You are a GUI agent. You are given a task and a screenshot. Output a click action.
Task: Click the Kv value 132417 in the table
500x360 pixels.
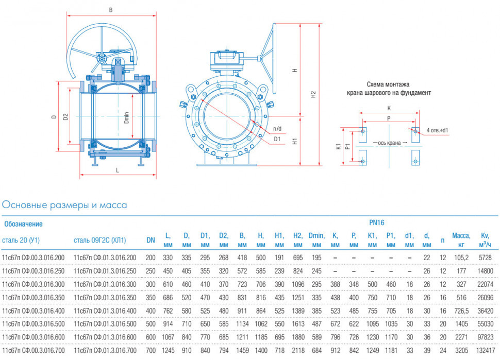coord(486,350)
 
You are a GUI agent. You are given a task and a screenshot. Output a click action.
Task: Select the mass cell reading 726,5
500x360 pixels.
coord(461,311)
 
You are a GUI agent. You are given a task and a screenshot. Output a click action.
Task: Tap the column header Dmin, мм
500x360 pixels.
coord(316,240)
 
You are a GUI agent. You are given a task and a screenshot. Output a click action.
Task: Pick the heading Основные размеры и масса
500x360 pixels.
coord(64,205)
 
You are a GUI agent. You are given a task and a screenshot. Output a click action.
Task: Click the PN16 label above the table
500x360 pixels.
coord(377,222)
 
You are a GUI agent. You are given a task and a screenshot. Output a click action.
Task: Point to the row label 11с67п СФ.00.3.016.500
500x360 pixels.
coord(33,324)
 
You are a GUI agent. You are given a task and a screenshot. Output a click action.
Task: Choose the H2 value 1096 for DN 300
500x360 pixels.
coord(298,284)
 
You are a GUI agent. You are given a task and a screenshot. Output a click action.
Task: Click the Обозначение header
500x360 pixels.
coord(23,224)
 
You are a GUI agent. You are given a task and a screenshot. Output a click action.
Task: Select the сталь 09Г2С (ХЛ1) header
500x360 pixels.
coord(100,240)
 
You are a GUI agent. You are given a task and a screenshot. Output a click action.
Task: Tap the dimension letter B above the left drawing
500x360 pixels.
coord(111,10)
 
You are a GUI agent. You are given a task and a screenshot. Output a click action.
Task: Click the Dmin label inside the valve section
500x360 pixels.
coord(126,117)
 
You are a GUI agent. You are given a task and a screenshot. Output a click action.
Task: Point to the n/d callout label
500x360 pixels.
coord(277,129)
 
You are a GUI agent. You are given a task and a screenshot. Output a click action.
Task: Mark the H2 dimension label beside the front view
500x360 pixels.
coord(313,94)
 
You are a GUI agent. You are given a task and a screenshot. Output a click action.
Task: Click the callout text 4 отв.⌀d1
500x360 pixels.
coord(437,130)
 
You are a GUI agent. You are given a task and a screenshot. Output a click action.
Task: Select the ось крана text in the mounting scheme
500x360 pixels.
coord(389,143)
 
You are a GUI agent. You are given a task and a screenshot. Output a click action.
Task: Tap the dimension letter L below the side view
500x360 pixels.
coord(118,170)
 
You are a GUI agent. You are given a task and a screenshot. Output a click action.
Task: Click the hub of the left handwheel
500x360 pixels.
coord(102,59)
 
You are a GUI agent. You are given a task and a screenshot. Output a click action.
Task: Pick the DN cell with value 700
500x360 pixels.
coord(151,350)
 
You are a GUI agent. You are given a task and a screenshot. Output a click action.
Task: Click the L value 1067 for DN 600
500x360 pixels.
coord(168,337)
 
